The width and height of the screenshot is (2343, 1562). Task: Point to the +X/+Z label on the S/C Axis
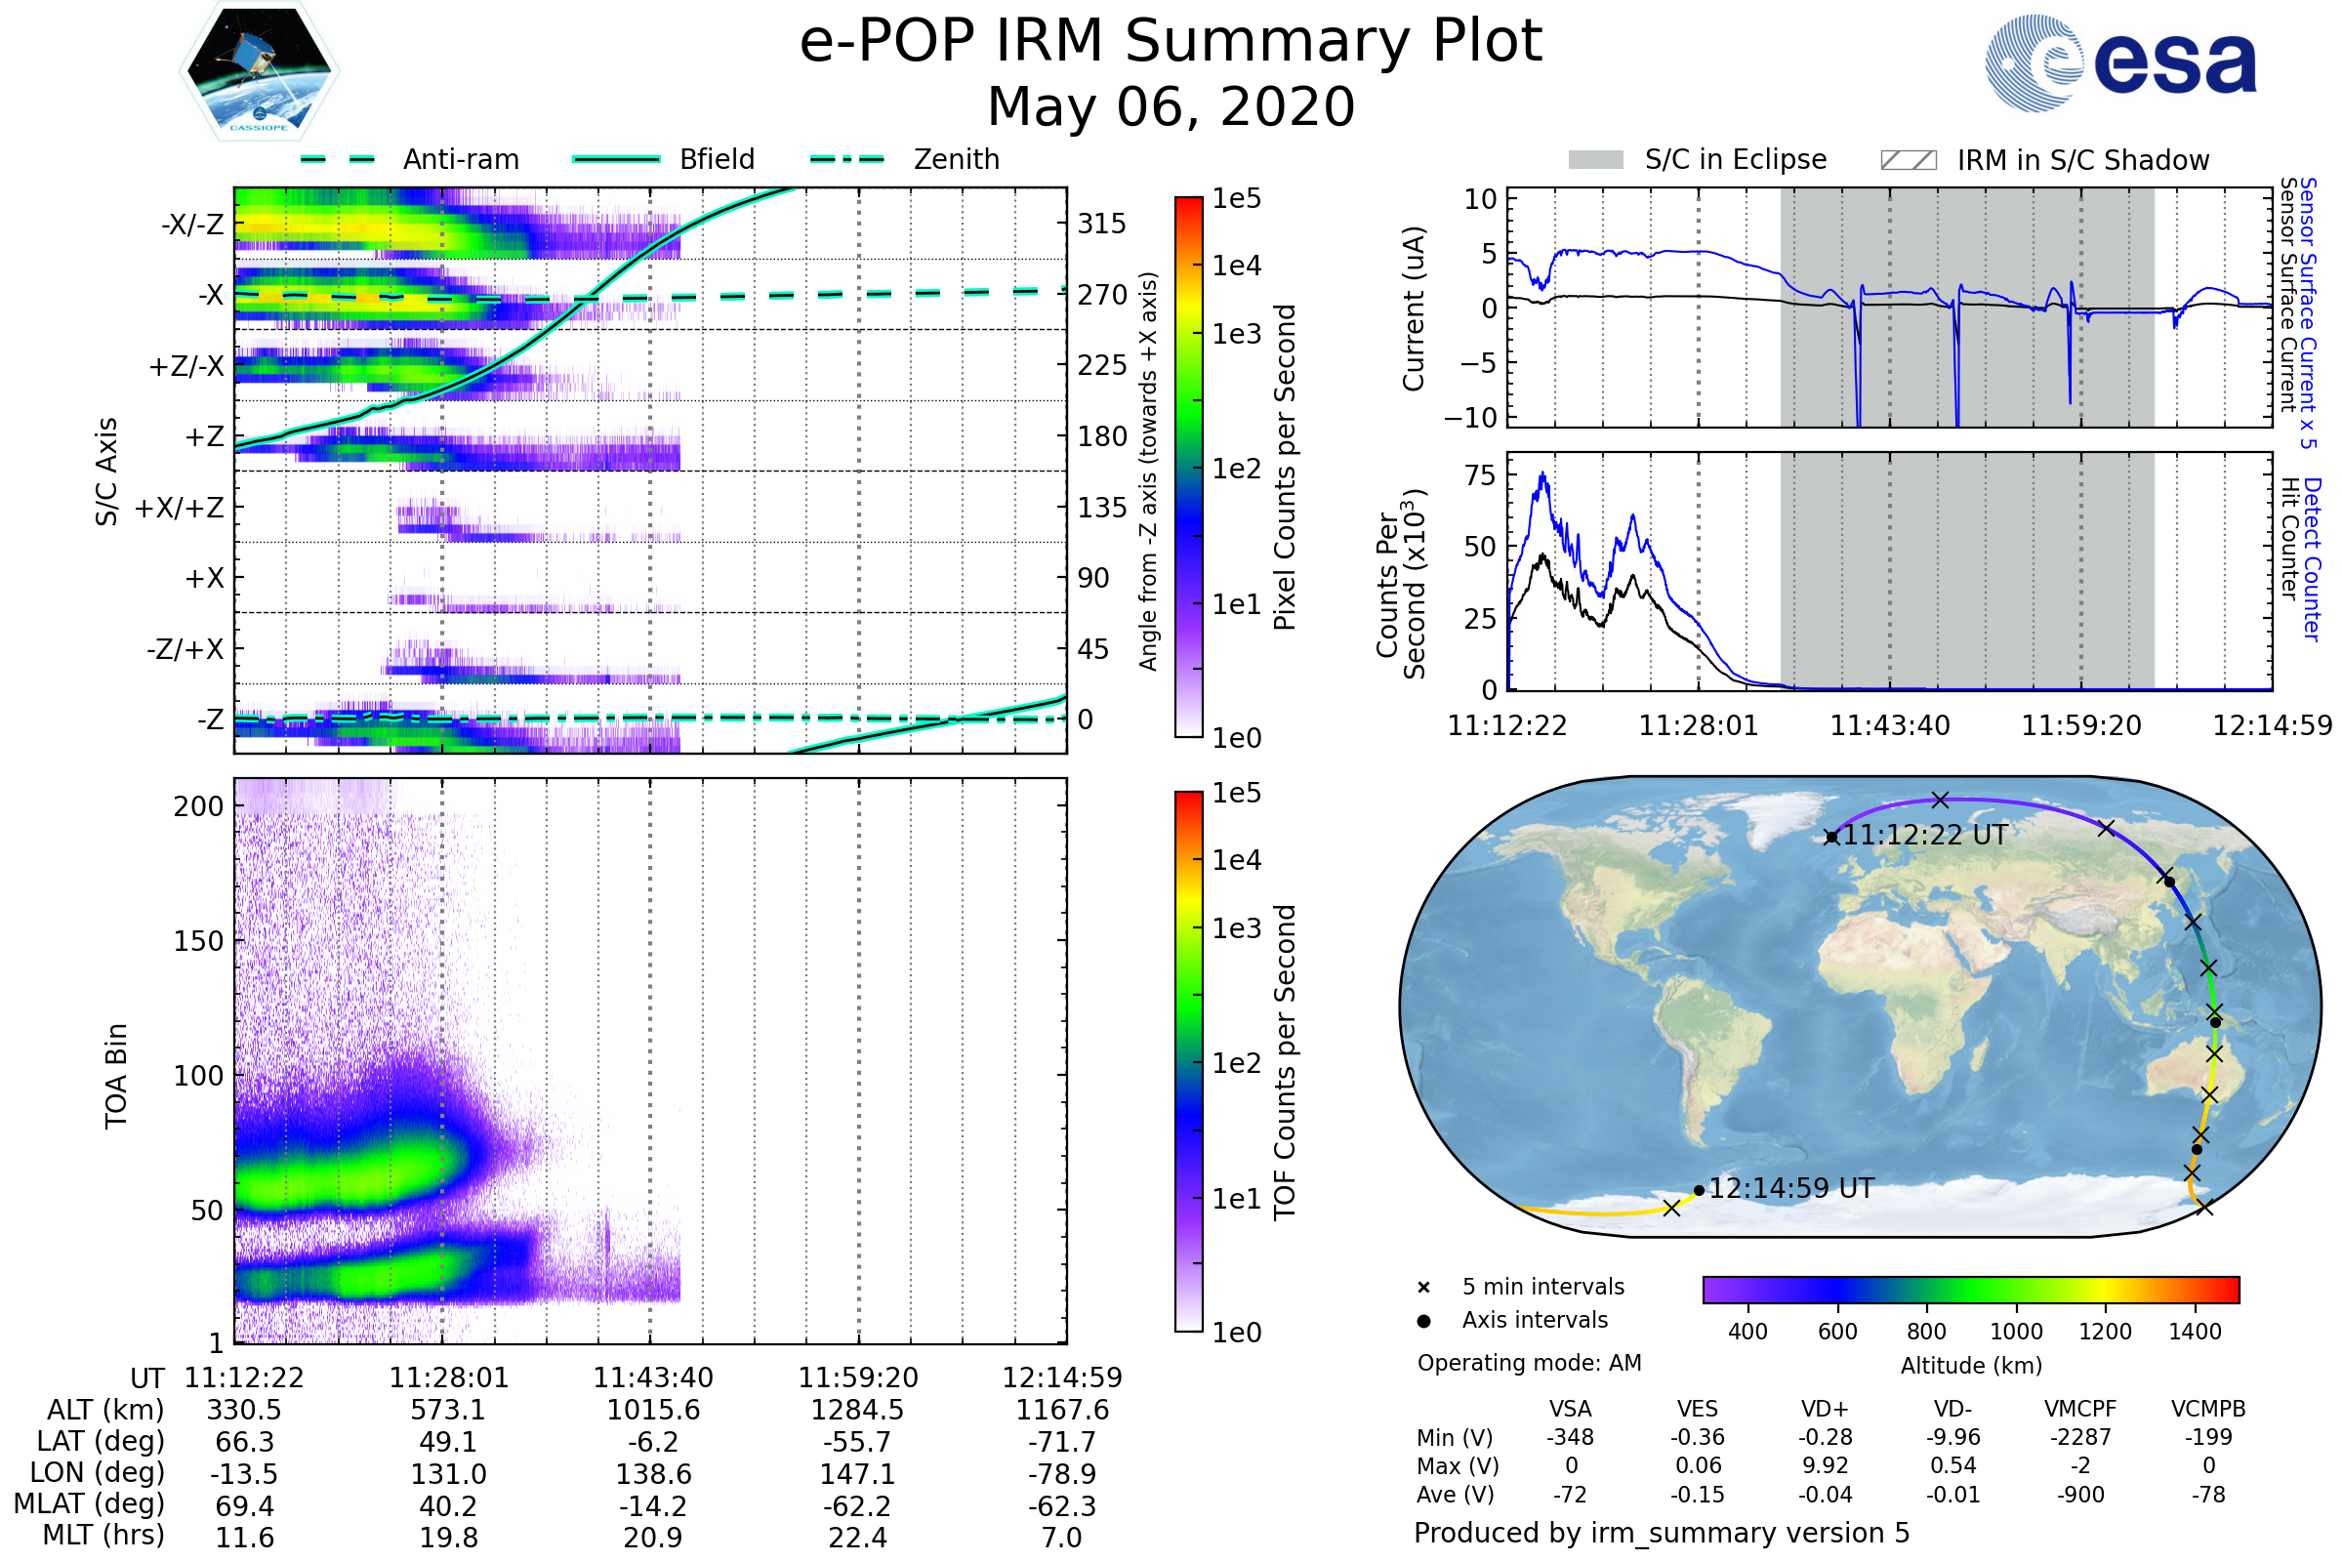pos(180,508)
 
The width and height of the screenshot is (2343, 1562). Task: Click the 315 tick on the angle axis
pos(1101,224)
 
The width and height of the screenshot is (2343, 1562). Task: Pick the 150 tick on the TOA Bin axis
pos(198,941)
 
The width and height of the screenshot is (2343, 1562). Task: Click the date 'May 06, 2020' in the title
pos(1171,106)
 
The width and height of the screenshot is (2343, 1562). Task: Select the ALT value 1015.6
pos(653,1411)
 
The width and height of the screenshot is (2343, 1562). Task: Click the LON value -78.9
pos(1062,1474)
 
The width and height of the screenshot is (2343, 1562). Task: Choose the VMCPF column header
pos(2080,1410)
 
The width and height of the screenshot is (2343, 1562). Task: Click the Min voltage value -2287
pos(2080,1437)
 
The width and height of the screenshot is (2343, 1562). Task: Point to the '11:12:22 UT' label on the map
pos(1924,835)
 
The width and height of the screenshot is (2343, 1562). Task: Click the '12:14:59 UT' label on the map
pos(1791,1188)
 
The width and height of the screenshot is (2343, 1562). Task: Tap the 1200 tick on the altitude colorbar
pos(2105,1332)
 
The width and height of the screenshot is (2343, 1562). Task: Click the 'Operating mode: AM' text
pos(1529,1363)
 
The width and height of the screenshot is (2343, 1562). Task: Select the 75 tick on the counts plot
pos(1480,475)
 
